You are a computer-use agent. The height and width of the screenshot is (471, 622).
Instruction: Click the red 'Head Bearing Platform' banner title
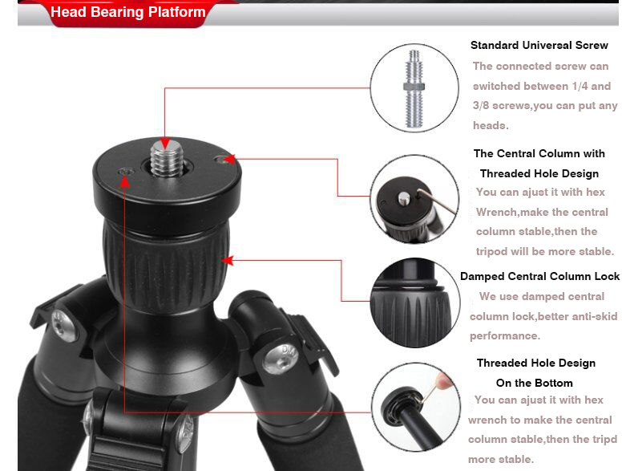coord(128,12)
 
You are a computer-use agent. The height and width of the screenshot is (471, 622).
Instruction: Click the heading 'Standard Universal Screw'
coord(539,45)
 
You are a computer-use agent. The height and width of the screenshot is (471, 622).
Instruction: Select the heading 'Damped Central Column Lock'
coord(539,276)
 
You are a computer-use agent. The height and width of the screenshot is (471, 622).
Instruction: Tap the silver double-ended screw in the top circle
coord(414,88)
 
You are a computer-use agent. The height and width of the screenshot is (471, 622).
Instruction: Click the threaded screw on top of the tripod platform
coord(167,157)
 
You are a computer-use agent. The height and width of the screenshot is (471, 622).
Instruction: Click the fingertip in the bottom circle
coord(443,380)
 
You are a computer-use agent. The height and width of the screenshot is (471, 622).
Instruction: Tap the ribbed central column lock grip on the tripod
coord(166,264)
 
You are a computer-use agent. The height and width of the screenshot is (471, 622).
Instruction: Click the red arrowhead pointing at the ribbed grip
coord(227,261)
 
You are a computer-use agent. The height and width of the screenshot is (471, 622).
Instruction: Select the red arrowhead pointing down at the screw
coord(165,144)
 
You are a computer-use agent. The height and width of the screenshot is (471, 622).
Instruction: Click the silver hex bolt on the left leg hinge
coord(63,325)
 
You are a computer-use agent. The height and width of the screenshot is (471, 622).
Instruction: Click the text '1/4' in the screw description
coord(580,86)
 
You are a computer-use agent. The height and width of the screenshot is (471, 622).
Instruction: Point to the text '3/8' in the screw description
coord(481,106)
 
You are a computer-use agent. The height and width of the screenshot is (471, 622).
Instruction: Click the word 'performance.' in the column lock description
coord(505,336)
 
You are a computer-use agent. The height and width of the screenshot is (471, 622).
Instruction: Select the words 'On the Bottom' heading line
coord(535,383)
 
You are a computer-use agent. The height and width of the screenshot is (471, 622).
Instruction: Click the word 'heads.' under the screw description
coord(491,125)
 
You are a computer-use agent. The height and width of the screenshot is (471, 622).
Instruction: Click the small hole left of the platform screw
coord(126,172)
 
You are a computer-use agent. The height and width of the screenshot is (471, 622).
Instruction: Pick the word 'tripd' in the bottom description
coord(605,439)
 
